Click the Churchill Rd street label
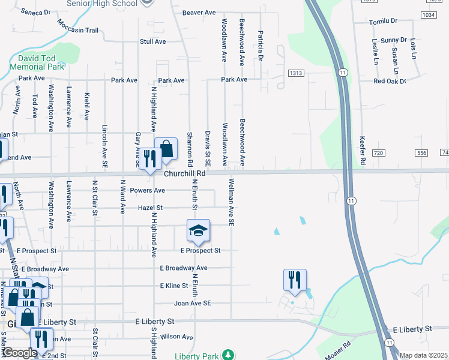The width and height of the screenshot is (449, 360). (x=185, y=173)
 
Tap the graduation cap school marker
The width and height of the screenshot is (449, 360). (x=198, y=230)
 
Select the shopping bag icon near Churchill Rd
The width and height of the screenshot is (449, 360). (x=166, y=149)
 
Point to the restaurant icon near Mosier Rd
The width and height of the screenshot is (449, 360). (x=295, y=280)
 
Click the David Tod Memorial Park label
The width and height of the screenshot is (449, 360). (x=37, y=63)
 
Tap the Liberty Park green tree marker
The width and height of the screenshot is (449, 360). (x=228, y=355)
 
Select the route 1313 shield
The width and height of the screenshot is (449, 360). (x=296, y=73)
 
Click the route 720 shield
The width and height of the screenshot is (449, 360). (x=378, y=154)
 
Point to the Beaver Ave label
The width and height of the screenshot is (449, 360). (x=199, y=12)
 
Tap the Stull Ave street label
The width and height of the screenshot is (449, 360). (x=152, y=41)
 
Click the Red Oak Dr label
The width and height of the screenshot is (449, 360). (x=390, y=81)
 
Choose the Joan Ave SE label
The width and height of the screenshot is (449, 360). (x=192, y=304)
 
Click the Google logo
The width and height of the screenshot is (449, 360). (x=19, y=353)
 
